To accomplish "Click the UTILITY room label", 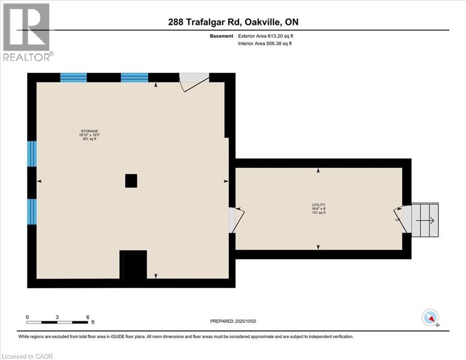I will (318, 205).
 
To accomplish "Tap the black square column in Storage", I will (131, 180).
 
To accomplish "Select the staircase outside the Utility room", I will (425, 220).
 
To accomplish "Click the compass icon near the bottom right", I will (429, 318).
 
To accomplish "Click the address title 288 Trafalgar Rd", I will (233, 22).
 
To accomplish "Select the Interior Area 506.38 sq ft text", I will (266, 44).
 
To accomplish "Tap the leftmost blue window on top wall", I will (74, 78).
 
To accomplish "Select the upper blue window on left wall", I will (32, 154).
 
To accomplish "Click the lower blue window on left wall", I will (32, 211).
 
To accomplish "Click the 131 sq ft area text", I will (318, 213).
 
